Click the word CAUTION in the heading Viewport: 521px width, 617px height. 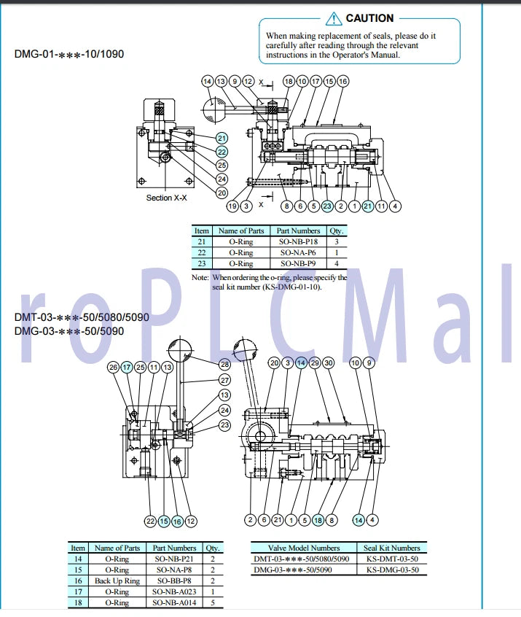(369, 18)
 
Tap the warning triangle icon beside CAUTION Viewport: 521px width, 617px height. (334, 18)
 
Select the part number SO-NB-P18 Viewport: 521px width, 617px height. (298, 241)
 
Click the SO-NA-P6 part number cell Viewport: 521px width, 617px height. (298, 252)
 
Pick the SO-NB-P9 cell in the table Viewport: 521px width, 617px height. (298, 263)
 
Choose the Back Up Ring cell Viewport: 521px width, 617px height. (117, 581)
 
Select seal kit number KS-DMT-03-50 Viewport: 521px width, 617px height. (392, 559)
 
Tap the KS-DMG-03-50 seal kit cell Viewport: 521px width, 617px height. (392, 570)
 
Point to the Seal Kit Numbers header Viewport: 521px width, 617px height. (392, 548)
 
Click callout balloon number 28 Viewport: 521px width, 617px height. (224, 363)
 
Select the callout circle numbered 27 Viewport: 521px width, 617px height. (224, 380)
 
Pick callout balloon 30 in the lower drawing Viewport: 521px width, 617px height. (329, 362)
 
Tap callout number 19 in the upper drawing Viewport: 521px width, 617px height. (232, 206)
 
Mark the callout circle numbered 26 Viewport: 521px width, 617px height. (113, 367)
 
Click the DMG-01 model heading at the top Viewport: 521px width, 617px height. (63, 54)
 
